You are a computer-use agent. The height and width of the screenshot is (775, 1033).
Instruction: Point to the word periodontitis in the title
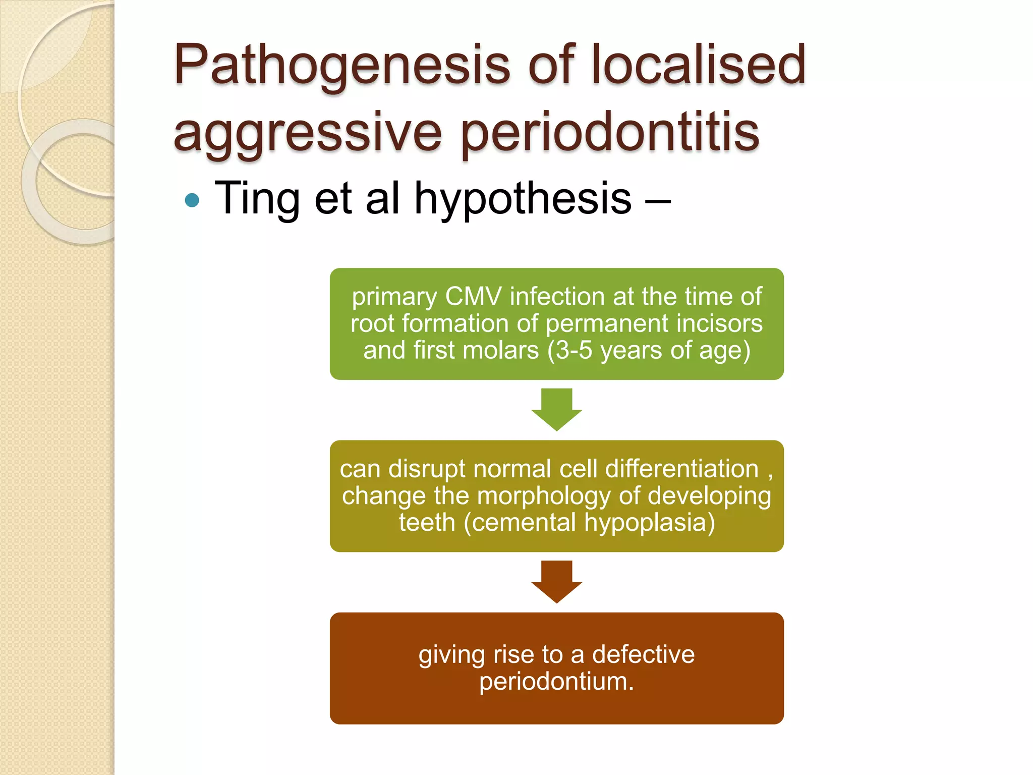coord(610,133)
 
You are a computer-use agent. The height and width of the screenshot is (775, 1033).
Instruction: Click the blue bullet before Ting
coord(192,201)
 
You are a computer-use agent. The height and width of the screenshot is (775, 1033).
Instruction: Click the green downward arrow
coord(556,409)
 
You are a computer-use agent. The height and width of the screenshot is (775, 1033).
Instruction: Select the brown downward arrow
coord(556,581)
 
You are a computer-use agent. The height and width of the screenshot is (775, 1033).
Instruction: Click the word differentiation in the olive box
coord(681,469)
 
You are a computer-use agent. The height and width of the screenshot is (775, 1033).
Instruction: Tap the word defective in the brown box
coord(643,654)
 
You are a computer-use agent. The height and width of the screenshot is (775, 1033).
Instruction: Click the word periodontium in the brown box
coord(553,682)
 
